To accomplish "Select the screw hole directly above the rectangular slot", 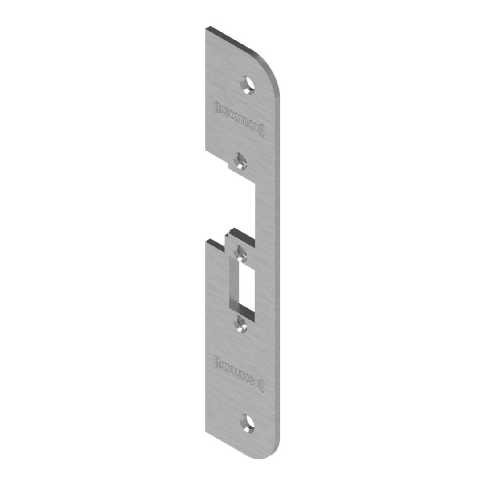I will (241, 252).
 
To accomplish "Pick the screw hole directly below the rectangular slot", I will (241, 322).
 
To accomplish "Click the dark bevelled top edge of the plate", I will (233, 36).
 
